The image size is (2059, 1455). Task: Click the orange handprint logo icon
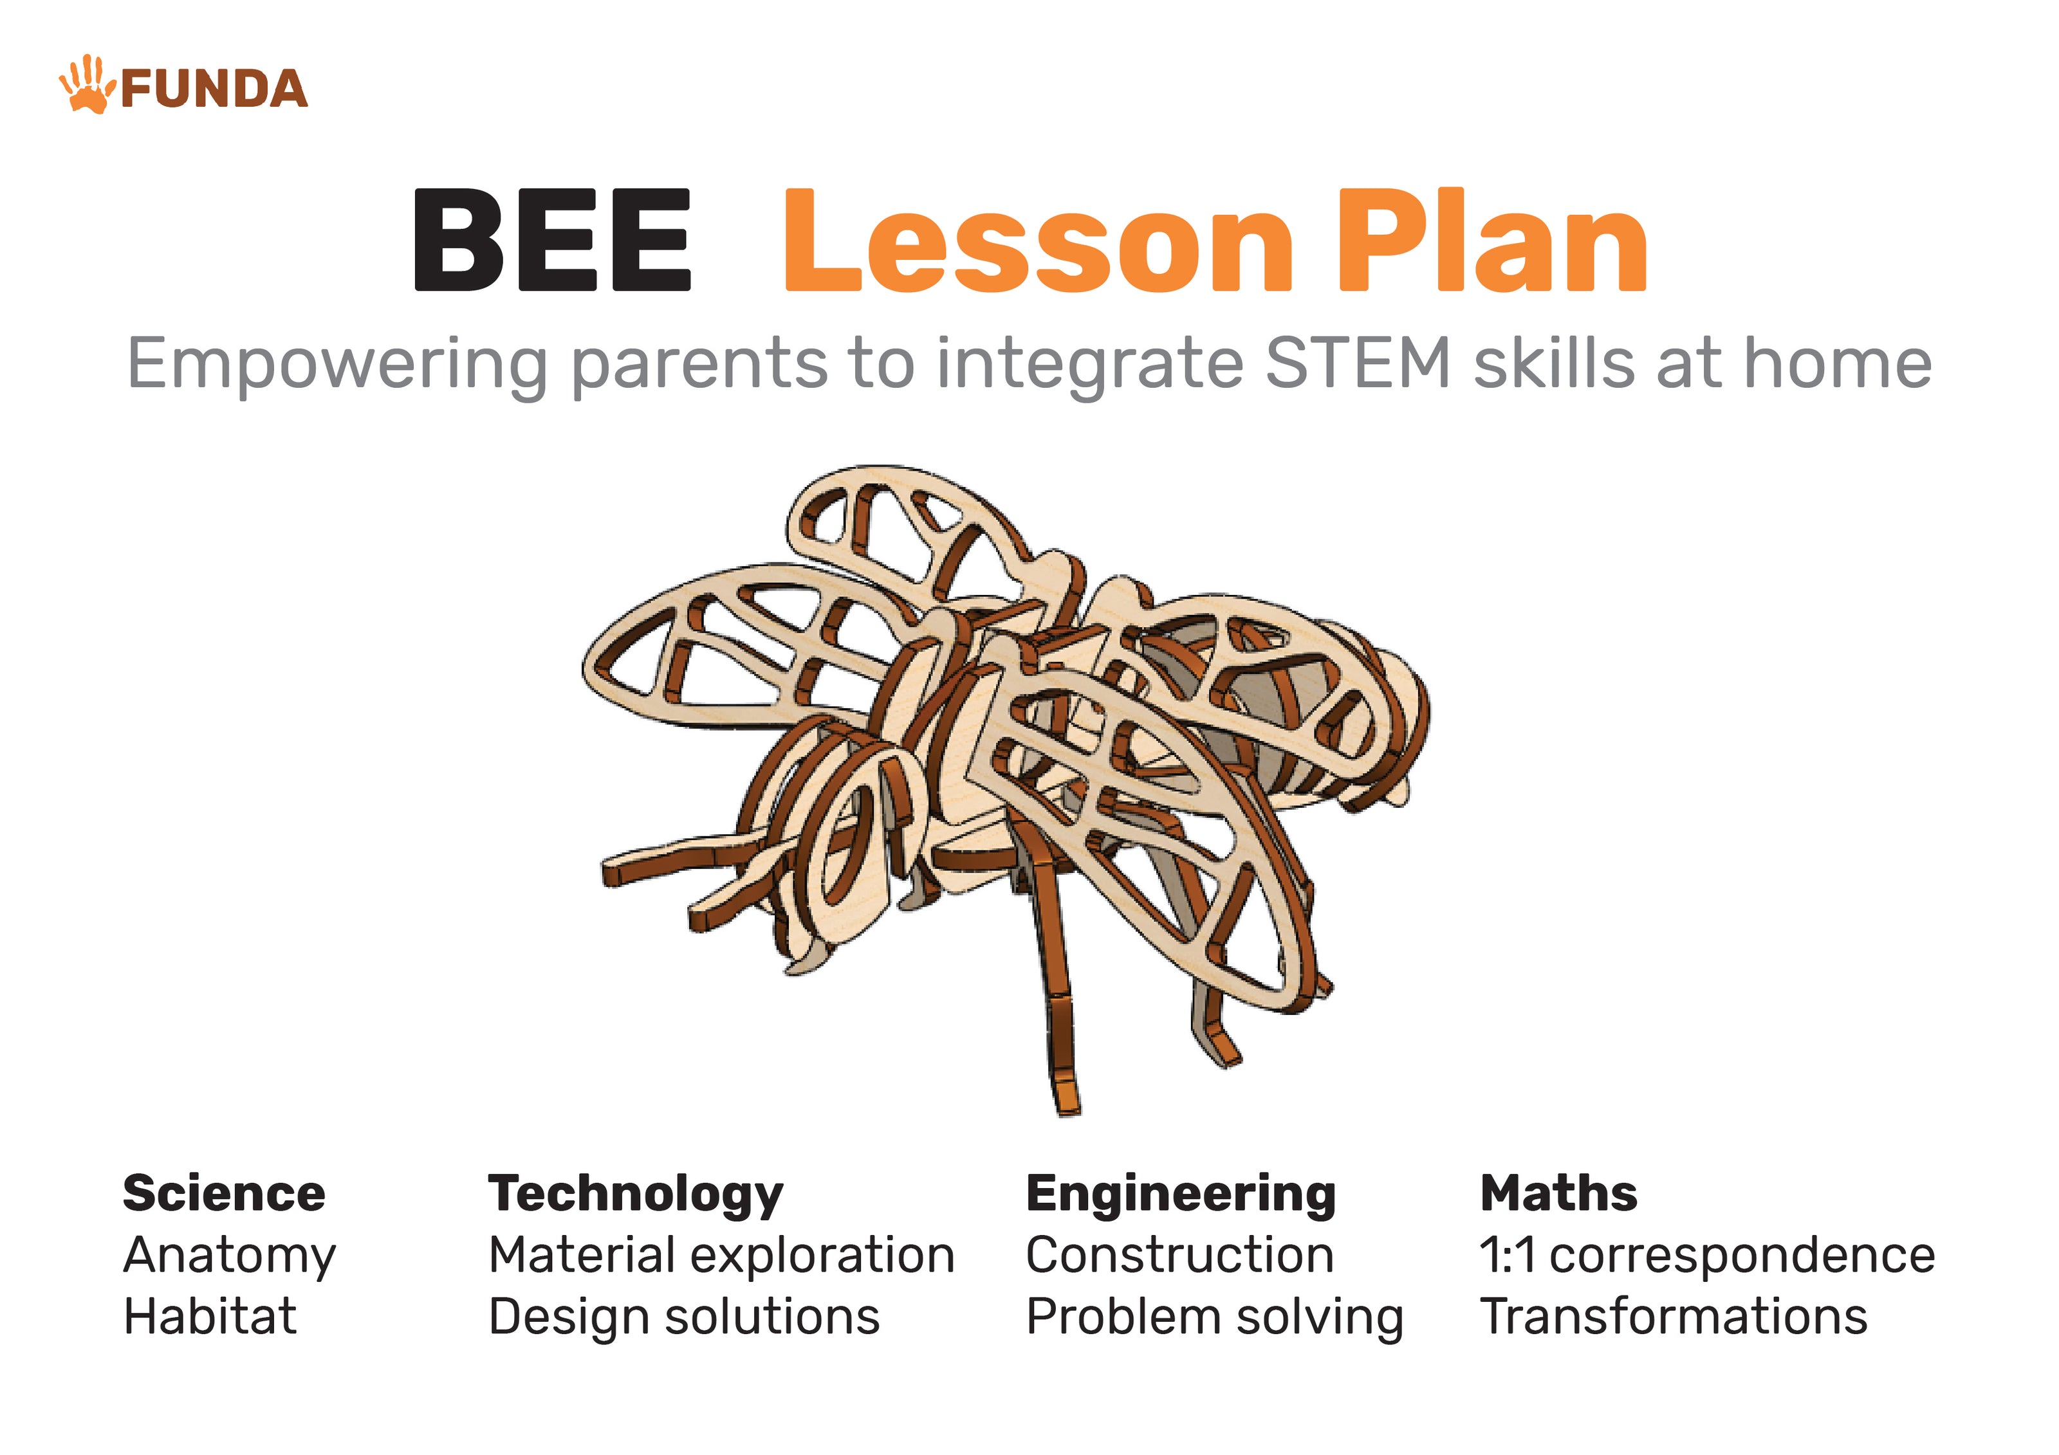click(x=87, y=85)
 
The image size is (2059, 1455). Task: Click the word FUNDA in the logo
click(x=214, y=89)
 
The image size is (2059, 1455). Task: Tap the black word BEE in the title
click(x=551, y=241)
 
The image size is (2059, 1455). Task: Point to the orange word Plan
click(x=1492, y=241)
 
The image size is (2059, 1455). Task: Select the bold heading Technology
click(x=636, y=1196)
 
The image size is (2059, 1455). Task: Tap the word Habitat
click(x=210, y=1316)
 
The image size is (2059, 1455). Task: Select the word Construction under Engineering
click(x=1180, y=1255)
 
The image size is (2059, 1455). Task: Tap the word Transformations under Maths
click(x=1674, y=1316)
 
